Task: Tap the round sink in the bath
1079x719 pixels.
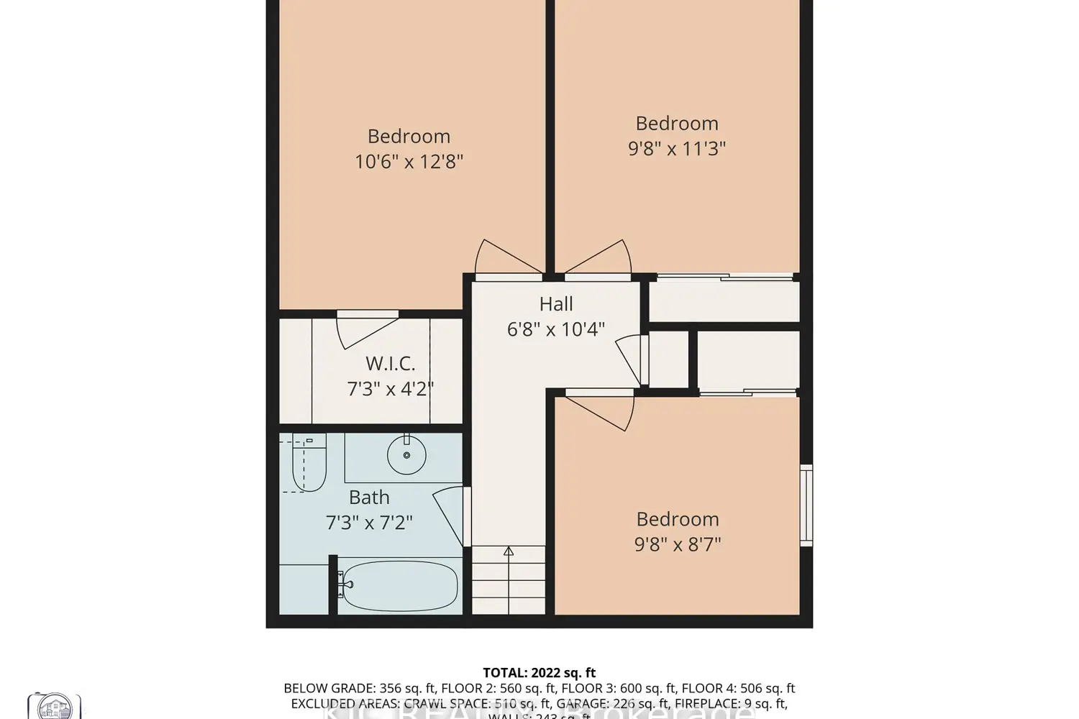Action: tap(406, 455)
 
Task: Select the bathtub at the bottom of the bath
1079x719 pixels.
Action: tap(398, 585)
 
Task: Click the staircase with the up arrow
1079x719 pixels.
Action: tap(509, 580)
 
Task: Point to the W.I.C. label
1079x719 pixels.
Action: tap(390, 363)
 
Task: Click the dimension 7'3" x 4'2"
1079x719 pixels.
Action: tap(390, 389)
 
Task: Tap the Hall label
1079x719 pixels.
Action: tap(556, 304)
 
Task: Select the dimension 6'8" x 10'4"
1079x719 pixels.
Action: tap(556, 329)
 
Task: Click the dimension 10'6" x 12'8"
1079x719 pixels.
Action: tap(409, 161)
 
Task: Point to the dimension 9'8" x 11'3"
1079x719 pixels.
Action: tap(677, 149)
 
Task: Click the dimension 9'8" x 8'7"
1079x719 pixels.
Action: tap(677, 544)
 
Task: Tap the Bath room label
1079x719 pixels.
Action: tap(369, 497)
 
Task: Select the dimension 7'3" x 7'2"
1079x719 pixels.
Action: tap(369, 522)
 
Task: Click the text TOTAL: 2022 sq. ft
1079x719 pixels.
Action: tap(539, 673)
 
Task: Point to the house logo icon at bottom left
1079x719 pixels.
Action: tap(54, 706)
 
